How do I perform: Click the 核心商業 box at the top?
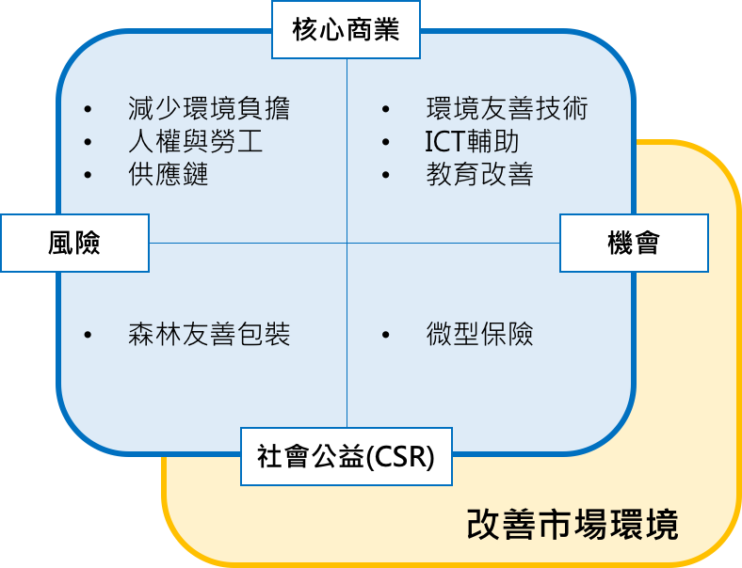tap(347, 30)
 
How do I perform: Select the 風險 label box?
tap(74, 244)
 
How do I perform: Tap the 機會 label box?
tap(634, 244)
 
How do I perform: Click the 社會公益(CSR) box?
tap(347, 457)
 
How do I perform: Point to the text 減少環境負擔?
tap(209, 109)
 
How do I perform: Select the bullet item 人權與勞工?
tap(195, 142)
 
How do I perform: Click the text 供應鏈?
tap(168, 175)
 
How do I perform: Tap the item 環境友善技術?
tap(507, 109)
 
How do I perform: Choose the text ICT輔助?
tap(472, 142)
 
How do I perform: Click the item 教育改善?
tap(479, 175)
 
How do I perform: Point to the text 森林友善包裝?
tap(209, 335)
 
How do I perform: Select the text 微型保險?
tap(479, 335)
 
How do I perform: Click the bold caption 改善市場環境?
tap(573, 525)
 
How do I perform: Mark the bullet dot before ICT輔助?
tap(386, 143)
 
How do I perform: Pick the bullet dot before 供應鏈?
tap(89, 176)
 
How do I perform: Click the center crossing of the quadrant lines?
tap(347, 244)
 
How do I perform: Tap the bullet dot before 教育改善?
tap(386, 176)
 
